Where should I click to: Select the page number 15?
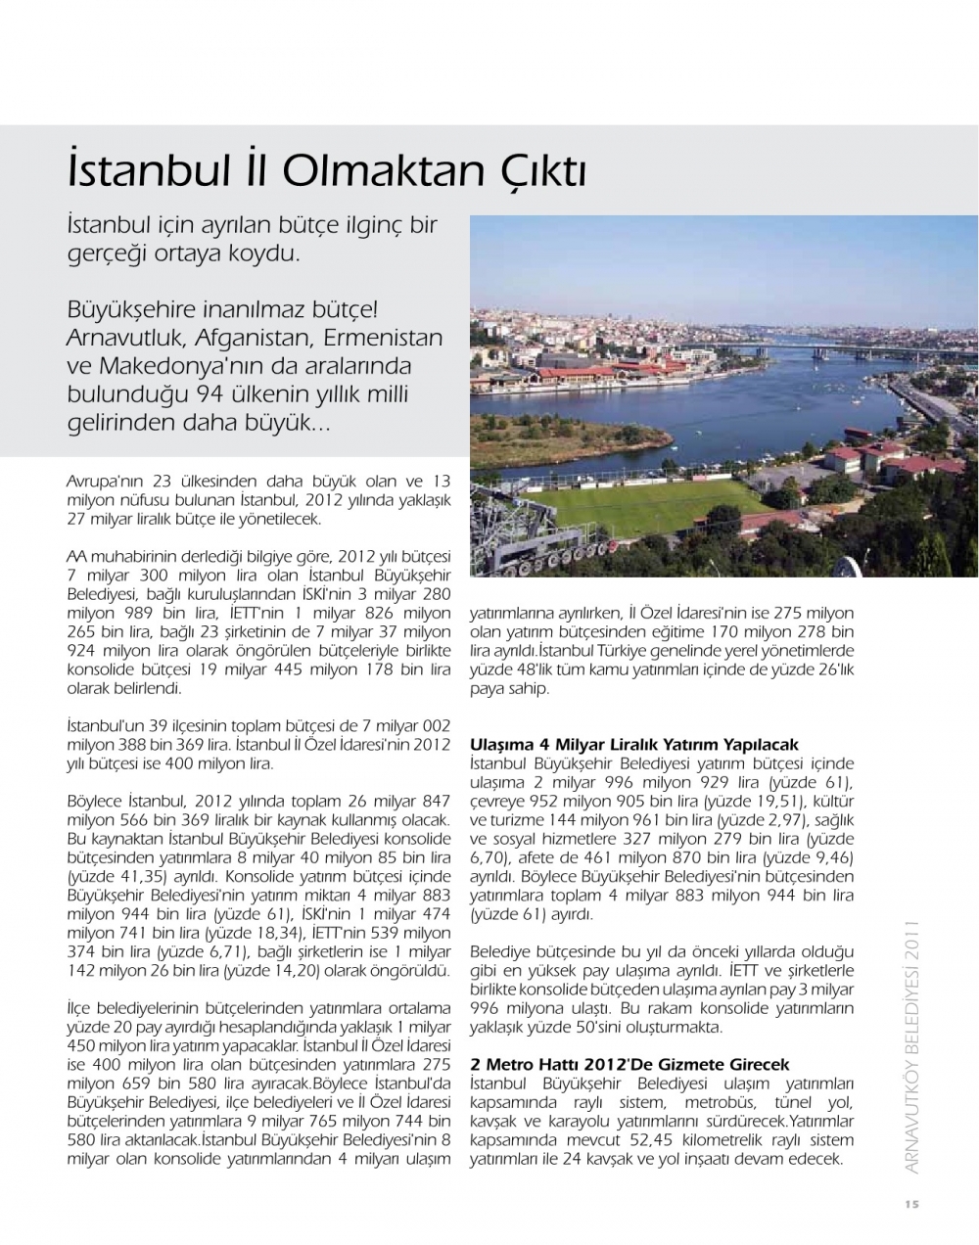pos(911,1205)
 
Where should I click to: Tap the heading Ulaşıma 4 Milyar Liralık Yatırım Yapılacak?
pos(634,745)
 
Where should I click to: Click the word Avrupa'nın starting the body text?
pos(104,482)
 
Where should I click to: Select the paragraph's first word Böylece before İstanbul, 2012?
pos(94,800)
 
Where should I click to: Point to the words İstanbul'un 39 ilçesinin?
pos(152,726)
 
